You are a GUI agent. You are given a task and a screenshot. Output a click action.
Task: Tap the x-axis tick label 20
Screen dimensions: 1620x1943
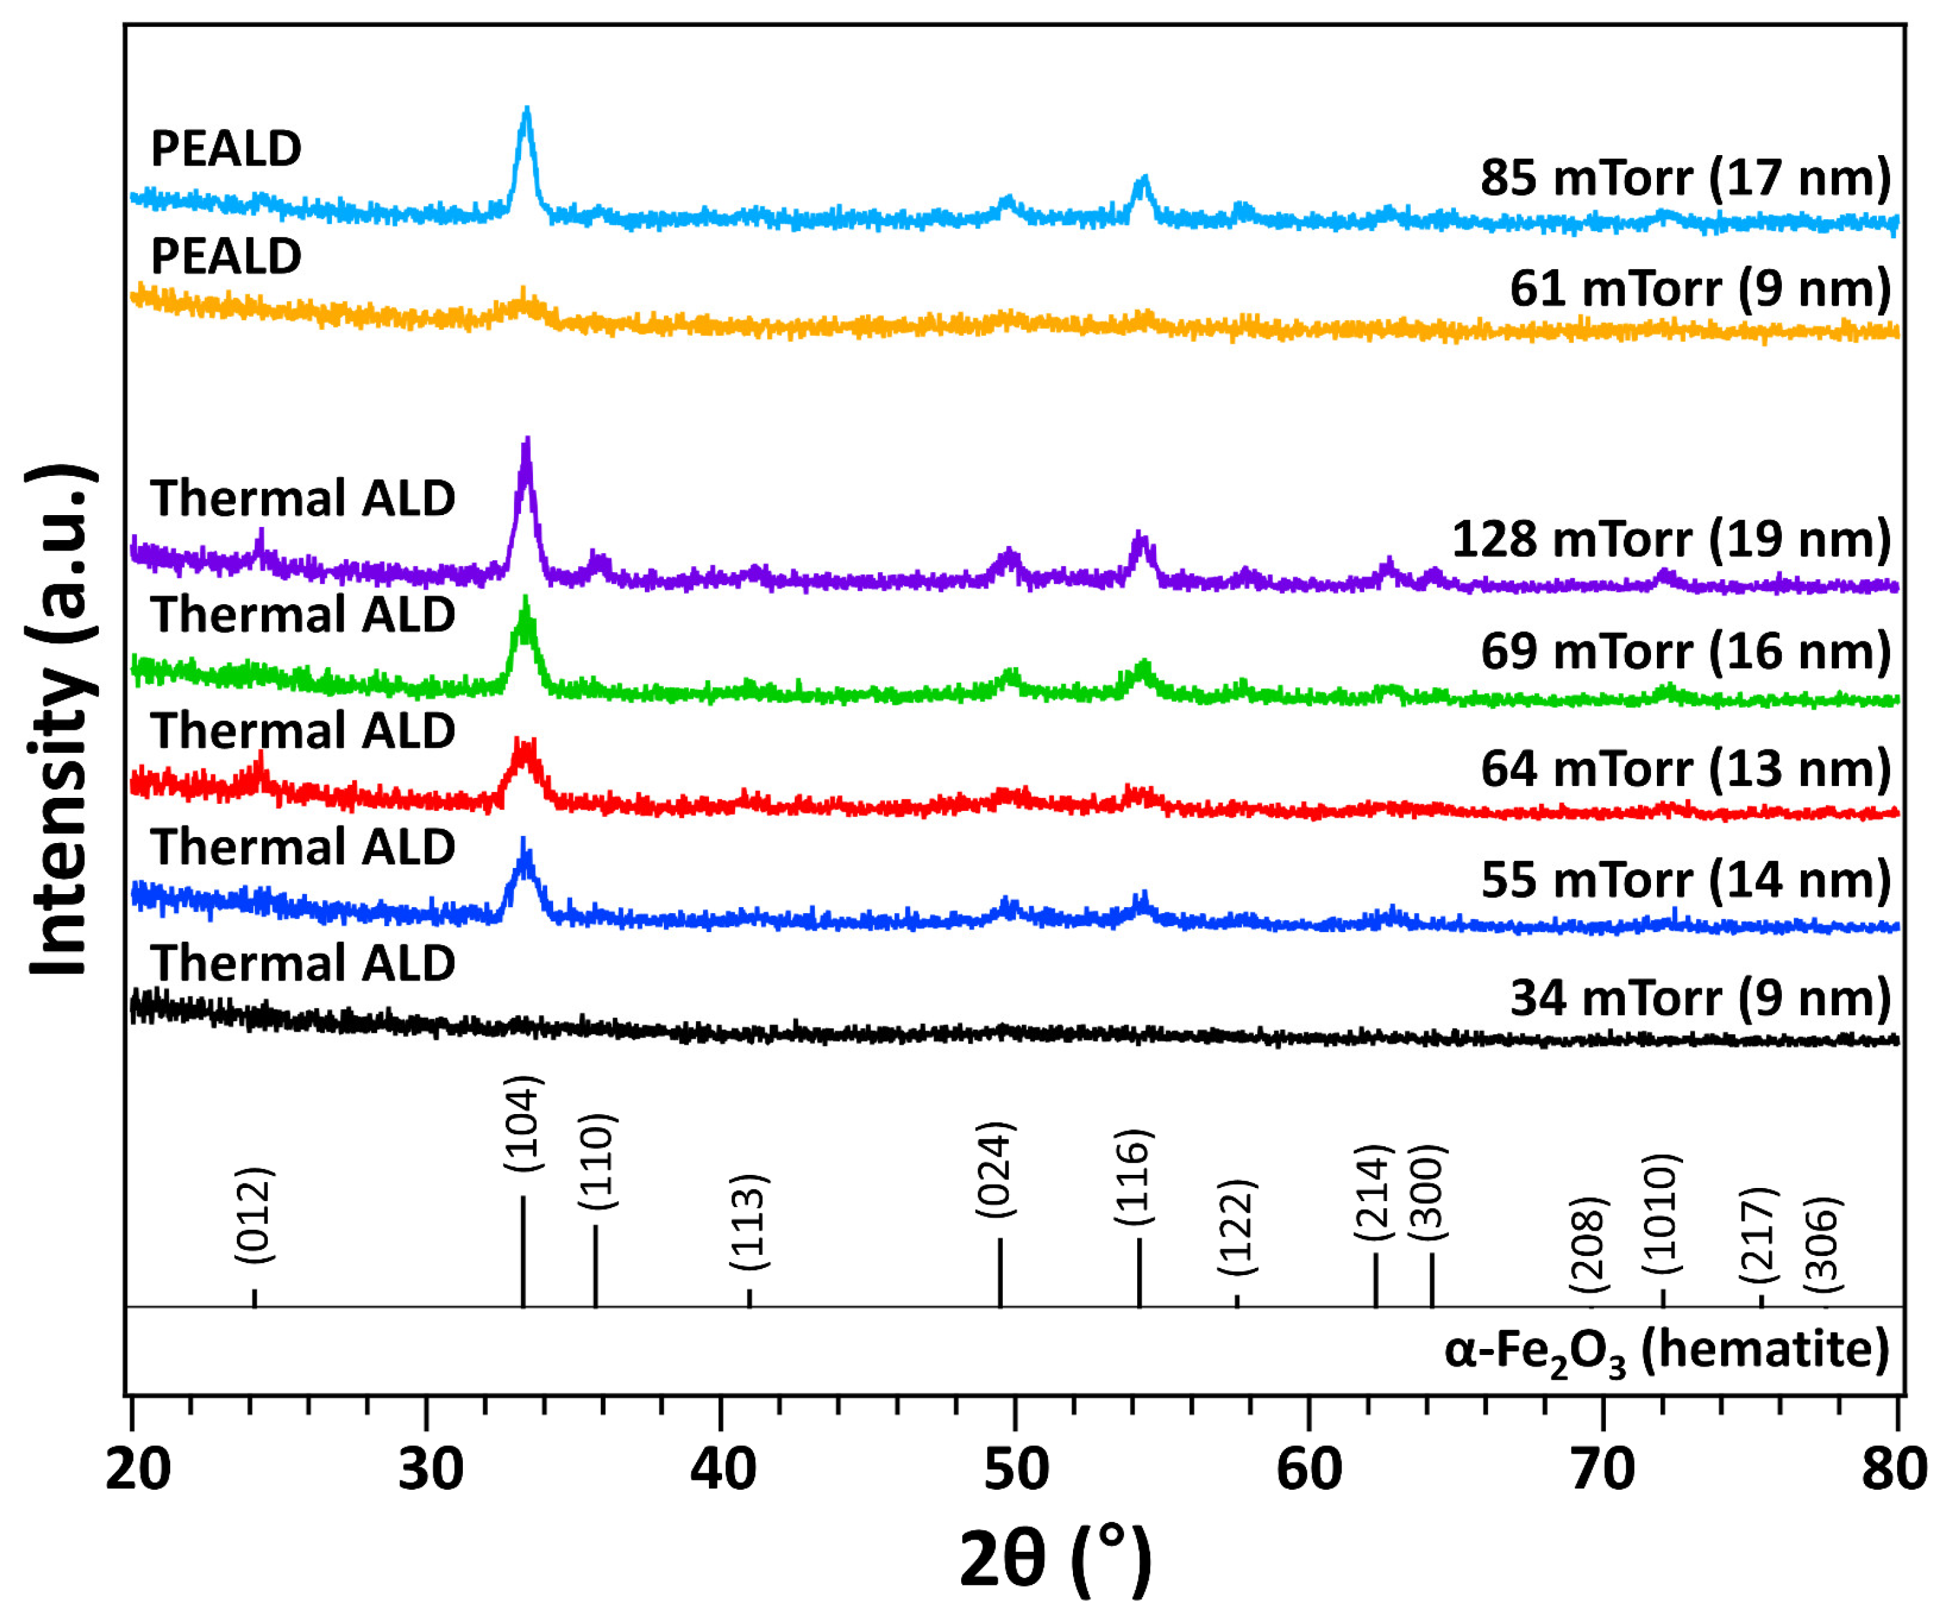click(138, 1470)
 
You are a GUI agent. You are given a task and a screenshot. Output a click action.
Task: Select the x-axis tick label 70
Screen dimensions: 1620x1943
click(1603, 1470)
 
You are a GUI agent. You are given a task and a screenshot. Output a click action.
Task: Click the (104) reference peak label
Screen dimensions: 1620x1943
click(523, 1124)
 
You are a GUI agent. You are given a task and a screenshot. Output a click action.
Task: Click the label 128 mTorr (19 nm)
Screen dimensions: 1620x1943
click(1670, 539)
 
